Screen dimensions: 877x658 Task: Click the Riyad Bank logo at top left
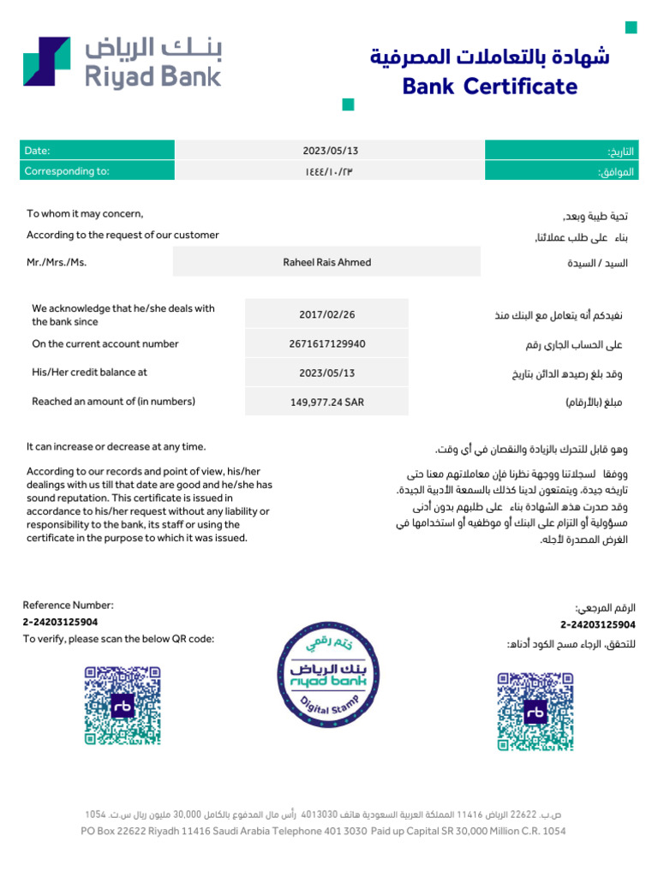[121, 61]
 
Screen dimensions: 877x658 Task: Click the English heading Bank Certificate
[489, 87]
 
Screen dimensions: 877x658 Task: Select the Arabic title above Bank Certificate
[490, 57]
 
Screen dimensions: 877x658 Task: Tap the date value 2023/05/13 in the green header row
[330, 151]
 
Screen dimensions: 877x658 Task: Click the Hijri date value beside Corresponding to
[328, 171]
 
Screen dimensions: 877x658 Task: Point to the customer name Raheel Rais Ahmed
[326, 262]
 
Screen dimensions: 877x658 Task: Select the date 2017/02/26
[326, 314]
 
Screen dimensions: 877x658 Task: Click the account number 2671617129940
[326, 344]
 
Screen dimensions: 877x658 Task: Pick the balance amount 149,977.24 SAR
[326, 402]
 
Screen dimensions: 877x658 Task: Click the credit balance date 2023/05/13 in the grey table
[326, 373]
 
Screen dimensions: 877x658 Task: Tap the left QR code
[123, 705]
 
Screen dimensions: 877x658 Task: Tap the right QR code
[535, 711]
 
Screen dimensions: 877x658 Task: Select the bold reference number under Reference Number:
[60, 622]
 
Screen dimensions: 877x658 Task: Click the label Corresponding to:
[67, 171]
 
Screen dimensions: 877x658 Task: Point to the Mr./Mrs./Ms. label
[57, 262]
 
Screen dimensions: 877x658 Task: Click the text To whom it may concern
[85, 214]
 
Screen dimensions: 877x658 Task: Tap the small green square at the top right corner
[631, 28]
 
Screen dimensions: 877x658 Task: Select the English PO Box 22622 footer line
[323, 831]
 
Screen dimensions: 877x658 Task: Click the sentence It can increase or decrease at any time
[116, 447]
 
